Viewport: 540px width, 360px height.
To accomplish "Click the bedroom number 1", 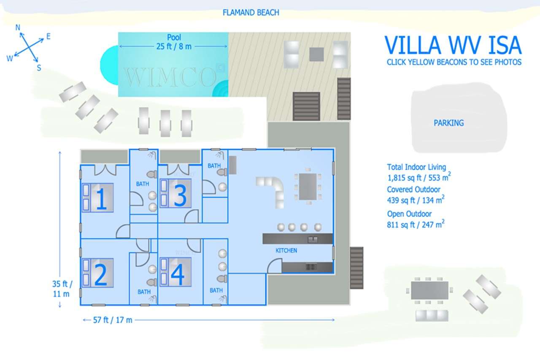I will tap(101, 199).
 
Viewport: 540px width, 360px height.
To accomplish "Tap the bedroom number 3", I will tap(180, 196).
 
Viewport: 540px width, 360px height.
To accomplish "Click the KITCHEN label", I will tap(286, 250).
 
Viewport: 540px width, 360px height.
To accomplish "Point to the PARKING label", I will tap(448, 123).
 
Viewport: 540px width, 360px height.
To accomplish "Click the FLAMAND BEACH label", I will tap(251, 13).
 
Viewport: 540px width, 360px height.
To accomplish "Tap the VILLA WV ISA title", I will tap(453, 45).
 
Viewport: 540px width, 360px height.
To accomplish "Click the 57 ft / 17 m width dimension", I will tap(113, 320).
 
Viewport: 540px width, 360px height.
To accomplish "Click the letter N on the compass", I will tap(18, 27).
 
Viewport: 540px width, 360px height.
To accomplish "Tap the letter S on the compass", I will tap(39, 68).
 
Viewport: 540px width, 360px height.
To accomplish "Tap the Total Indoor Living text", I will tap(416, 167).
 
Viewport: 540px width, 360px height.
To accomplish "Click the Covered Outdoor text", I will tap(413, 190).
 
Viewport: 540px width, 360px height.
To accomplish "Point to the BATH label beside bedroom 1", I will tap(143, 184).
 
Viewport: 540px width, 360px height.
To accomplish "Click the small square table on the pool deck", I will tap(316, 54).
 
